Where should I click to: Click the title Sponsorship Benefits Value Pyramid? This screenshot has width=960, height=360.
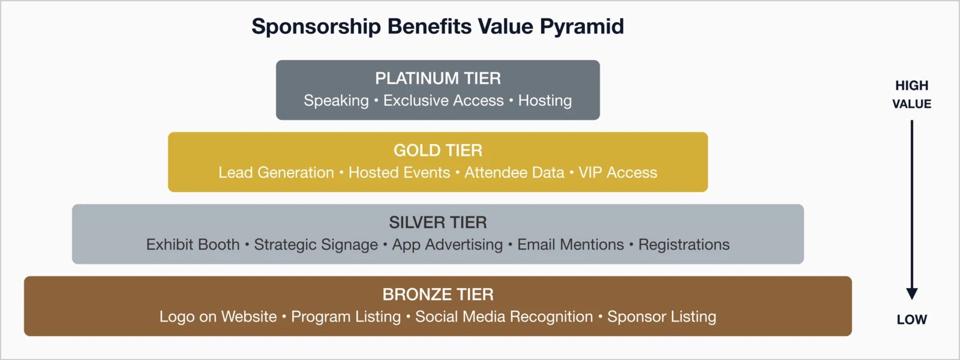[437, 26]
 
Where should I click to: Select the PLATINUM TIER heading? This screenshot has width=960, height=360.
[437, 78]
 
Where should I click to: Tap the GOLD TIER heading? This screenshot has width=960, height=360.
[437, 150]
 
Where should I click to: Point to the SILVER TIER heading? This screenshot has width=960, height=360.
[437, 222]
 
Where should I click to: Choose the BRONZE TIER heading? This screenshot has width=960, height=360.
[437, 294]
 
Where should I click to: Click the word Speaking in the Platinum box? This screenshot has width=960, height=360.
[336, 101]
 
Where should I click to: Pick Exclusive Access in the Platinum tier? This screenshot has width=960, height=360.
[443, 101]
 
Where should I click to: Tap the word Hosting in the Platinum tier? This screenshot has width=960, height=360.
[545, 101]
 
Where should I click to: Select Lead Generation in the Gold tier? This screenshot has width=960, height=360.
[276, 173]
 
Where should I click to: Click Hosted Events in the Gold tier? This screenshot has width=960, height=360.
[399, 173]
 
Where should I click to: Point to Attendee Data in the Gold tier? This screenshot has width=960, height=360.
[514, 173]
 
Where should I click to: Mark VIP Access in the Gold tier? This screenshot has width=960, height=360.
[617, 173]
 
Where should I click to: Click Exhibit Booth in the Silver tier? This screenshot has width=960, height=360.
[193, 245]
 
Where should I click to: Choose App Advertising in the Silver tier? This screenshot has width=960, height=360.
[447, 245]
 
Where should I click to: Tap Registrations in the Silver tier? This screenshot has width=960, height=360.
[683, 245]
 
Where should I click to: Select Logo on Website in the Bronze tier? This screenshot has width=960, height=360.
[218, 317]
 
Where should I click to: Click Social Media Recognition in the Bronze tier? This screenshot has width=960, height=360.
[503, 317]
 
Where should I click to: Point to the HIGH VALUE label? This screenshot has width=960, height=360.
[911, 94]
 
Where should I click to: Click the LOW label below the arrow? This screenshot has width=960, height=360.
[911, 320]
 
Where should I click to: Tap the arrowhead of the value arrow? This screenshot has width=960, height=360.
[911, 293]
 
